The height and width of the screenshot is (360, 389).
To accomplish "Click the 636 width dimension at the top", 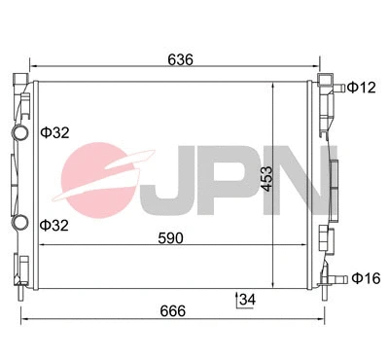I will click(x=178, y=59).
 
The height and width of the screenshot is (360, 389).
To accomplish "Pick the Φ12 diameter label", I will click(x=363, y=89).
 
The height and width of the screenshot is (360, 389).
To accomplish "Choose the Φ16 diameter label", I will click(x=364, y=278).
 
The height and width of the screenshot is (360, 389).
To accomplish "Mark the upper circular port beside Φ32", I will click(x=18, y=133).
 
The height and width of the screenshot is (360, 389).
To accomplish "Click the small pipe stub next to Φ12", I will click(x=337, y=89).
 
